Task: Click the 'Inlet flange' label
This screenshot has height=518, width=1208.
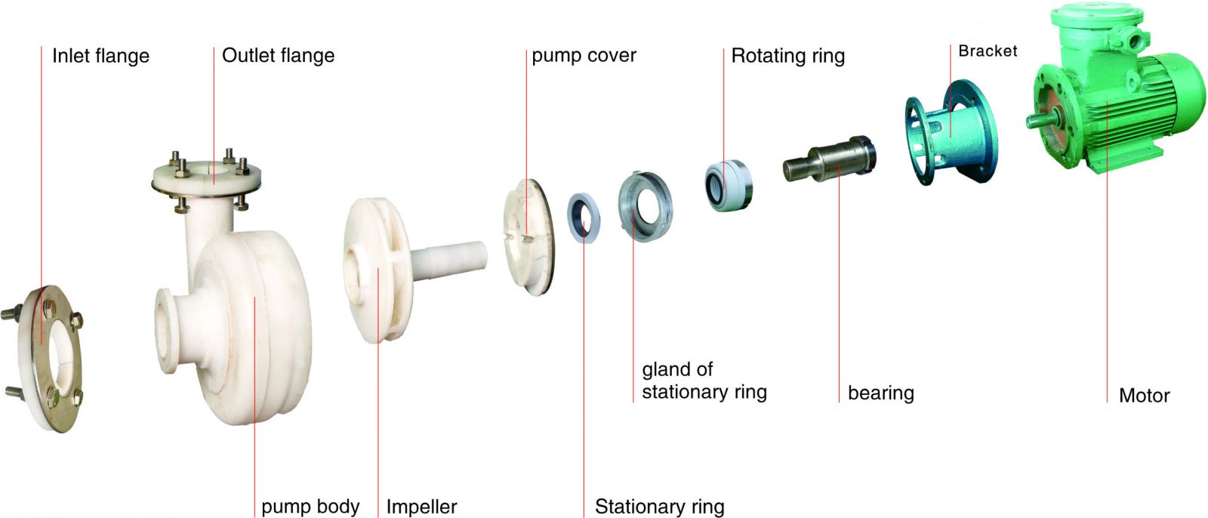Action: [x=101, y=56]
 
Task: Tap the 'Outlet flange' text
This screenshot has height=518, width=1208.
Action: [x=279, y=56]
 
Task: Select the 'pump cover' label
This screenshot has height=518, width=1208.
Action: [x=584, y=56]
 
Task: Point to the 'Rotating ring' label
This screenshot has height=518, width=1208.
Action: [x=788, y=56]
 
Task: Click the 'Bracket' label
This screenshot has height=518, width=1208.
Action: [x=988, y=51]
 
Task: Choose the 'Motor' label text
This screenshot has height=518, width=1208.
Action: [x=1145, y=396]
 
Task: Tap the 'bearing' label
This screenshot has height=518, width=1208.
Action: [x=880, y=393]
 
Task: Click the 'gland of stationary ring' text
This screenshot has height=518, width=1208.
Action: [x=704, y=381]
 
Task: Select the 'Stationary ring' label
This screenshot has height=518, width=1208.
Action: [x=660, y=507]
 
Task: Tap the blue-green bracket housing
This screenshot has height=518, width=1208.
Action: [x=951, y=132]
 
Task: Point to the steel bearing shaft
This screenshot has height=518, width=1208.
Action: [x=830, y=159]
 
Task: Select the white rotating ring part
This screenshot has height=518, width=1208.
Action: [x=729, y=185]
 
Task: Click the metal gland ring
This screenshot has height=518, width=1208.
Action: [x=645, y=206]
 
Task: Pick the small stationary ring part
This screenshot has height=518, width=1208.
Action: [x=584, y=217]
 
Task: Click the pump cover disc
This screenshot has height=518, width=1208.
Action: [x=529, y=237]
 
